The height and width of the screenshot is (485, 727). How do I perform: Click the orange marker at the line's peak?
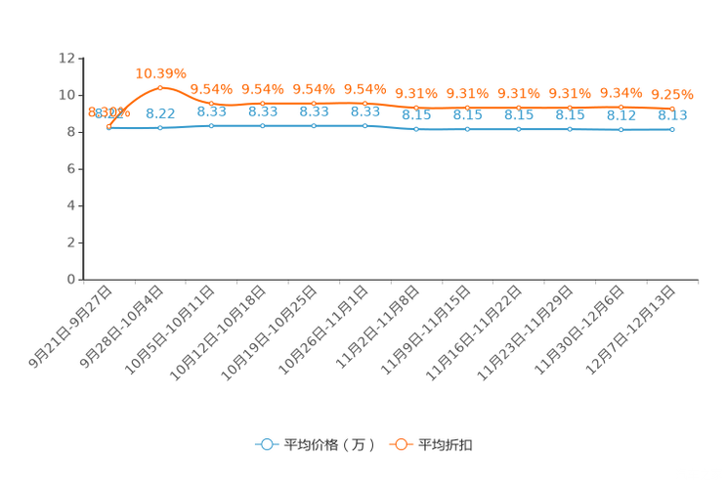click(160, 88)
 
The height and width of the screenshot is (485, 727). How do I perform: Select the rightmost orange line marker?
click(672, 109)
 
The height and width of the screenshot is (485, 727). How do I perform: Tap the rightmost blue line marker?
click(672, 130)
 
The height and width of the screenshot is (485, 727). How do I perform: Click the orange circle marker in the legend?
click(401, 444)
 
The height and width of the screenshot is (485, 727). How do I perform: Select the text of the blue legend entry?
click(329, 445)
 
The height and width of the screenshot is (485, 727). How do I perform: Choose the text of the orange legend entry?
click(447, 445)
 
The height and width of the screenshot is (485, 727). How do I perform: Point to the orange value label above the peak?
click(160, 72)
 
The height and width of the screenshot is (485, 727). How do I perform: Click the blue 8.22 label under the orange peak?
click(160, 112)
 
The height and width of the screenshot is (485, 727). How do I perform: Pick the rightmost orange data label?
click(672, 94)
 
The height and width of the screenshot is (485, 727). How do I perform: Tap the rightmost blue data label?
click(672, 115)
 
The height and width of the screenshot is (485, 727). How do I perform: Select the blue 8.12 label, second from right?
click(621, 115)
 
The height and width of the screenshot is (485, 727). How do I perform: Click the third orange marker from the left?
click(211, 104)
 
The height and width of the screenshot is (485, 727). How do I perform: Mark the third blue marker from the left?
click(211, 126)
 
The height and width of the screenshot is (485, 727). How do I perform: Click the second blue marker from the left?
click(160, 128)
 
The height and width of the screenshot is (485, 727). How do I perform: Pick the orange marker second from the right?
click(621, 108)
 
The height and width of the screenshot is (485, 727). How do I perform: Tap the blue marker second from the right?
click(621, 130)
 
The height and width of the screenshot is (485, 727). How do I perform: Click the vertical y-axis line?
click(81, 166)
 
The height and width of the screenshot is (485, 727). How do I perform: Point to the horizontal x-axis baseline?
click(391, 280)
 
